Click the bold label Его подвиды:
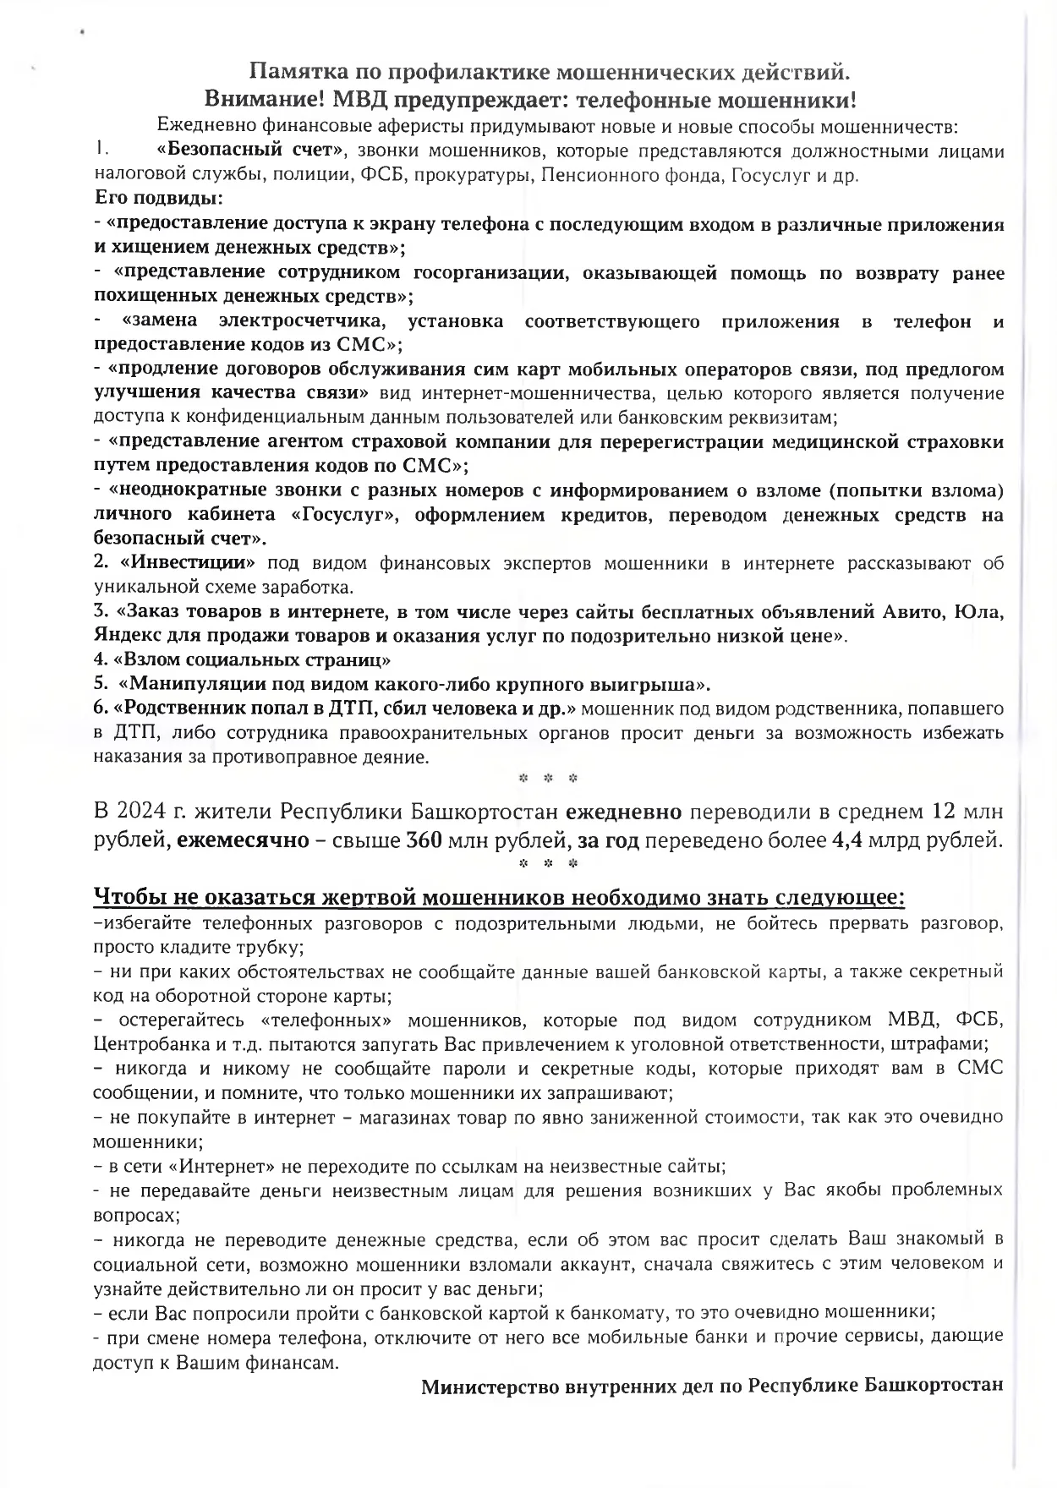pyautogui.click(x=158, y=200)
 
